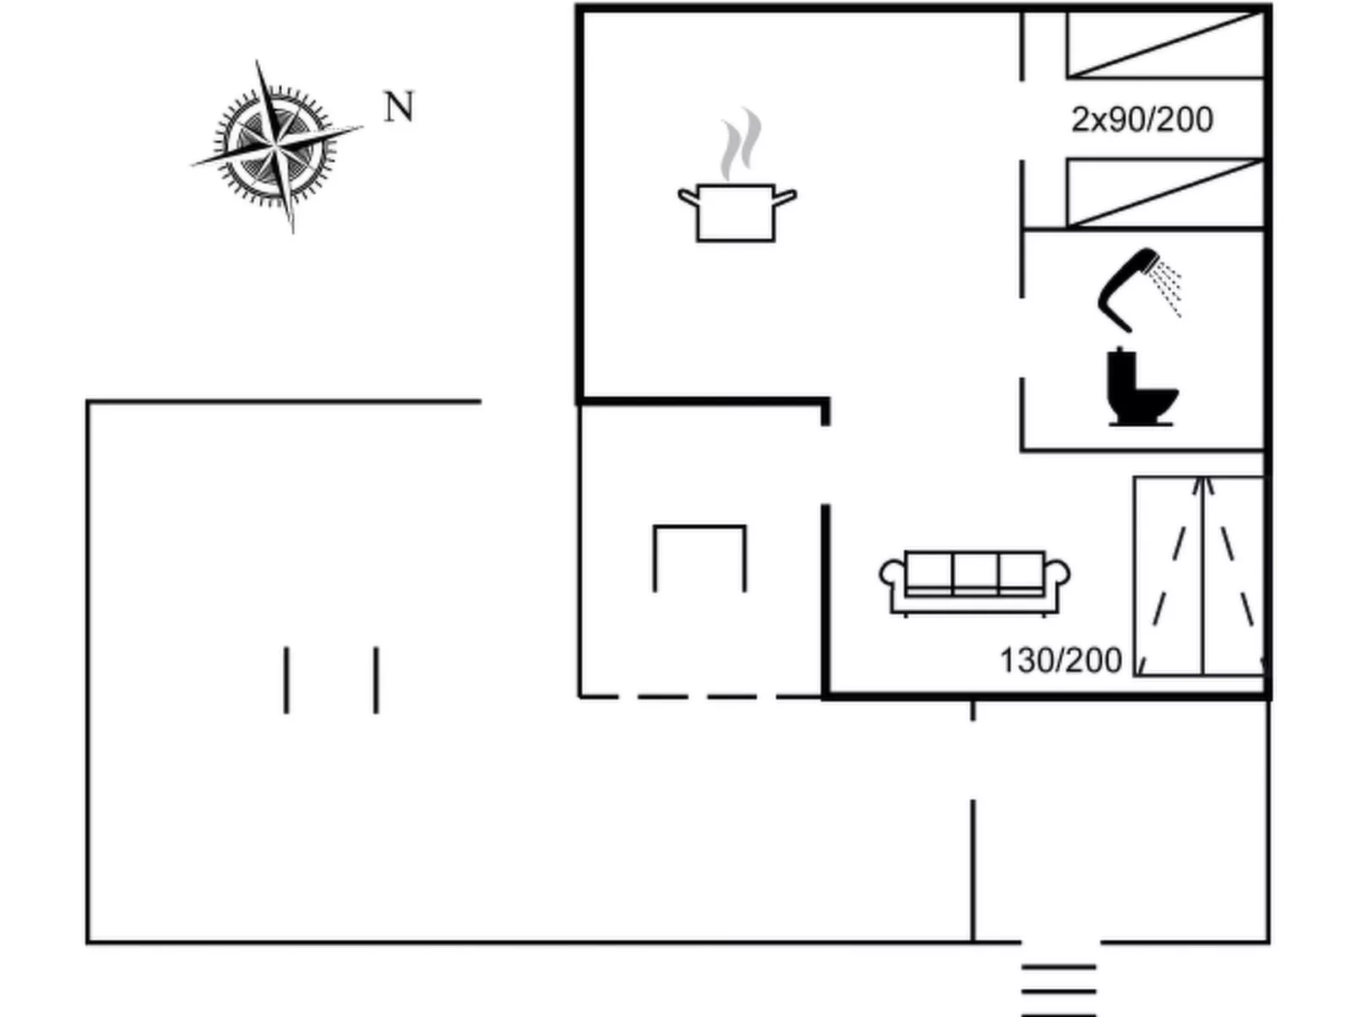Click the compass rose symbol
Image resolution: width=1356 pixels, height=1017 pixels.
(x=276, y=145)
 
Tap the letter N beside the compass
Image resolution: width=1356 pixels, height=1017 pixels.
(x=399, y=107)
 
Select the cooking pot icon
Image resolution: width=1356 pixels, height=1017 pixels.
(x=736, y=213)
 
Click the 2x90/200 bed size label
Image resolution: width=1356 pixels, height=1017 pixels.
(x=1142, y=120)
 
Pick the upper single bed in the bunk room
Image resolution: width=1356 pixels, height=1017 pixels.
(x=1165, y=44)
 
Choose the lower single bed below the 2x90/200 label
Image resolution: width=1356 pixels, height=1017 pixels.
(x=1165, y=193)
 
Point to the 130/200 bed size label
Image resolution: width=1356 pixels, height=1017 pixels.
(x=1060, y=660)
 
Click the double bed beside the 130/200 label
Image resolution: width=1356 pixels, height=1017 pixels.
(x=1200, y=576)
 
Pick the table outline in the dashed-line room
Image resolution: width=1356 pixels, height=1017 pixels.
(x=699, y=553)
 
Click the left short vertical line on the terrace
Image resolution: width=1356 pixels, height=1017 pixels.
(x=286, y=680)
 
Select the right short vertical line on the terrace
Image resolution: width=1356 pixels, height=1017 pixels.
(x=377, y=680)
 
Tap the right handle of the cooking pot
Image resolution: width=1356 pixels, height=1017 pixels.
(x=785, y=198)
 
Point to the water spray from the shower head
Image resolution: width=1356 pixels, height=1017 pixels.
(x=1168, y=287)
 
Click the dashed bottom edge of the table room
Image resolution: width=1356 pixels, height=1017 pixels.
(x=699, y=696)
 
